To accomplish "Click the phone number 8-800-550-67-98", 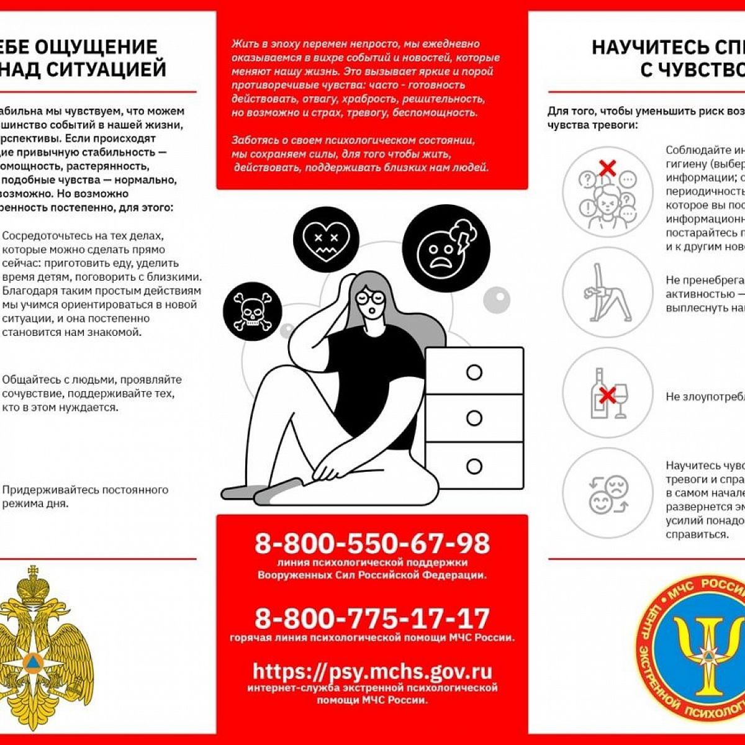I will [x=372, y=544].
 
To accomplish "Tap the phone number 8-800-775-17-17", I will [x=372, y=618].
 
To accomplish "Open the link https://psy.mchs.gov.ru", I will [x=372, y=671].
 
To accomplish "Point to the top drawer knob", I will [x=474, y=372].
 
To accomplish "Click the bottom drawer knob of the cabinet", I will [x=474, y=466].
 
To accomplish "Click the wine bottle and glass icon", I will [x=607, y=393].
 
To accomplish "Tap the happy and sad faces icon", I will [x=607, y=493].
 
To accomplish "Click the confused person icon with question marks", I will [x=607, y=192].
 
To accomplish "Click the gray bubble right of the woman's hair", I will [x=496, y=300].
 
